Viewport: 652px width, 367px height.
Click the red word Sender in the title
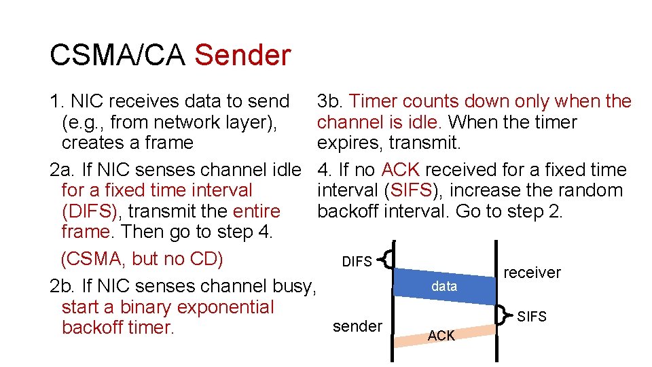coord(242,55)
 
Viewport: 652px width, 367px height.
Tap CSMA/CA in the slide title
coord(117,55)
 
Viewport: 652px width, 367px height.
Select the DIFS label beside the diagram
coord(357,262)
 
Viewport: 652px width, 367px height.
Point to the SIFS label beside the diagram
coord(532,317)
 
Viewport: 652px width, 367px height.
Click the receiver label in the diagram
coord(532,273)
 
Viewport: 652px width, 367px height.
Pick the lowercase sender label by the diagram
coord(357,326)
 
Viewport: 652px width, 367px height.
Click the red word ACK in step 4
coord(401,170)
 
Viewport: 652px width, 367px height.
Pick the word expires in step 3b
coord(347,143)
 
